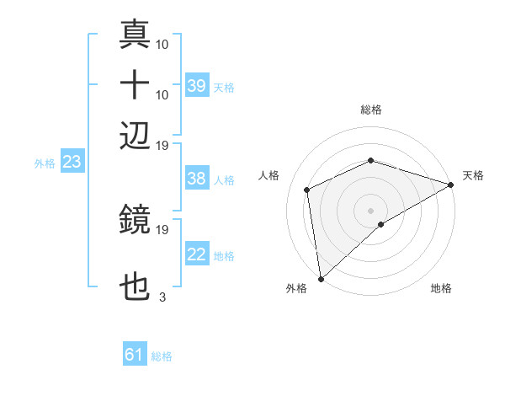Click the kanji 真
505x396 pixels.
135,35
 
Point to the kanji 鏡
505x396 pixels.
135,221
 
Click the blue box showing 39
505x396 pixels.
197,85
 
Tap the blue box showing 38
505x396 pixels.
197,179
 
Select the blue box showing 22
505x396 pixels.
197,254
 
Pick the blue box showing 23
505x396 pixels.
72,162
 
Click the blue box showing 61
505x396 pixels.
135,355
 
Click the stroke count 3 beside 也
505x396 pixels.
162,297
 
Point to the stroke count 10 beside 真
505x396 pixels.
162,44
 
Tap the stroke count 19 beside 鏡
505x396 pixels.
162,229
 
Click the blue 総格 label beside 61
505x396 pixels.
162,356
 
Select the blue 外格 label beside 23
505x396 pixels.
44,163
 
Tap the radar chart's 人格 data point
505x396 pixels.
307,190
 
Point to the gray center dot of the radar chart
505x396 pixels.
371,210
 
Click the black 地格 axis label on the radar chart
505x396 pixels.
441,288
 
